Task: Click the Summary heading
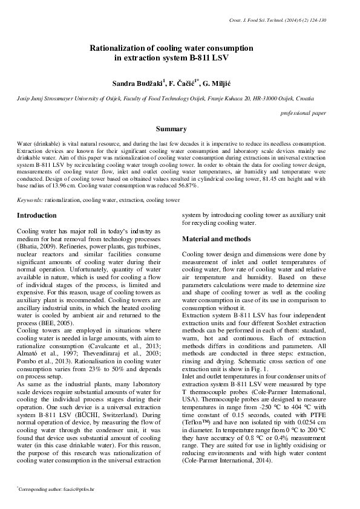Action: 171,129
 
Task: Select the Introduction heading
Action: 37,215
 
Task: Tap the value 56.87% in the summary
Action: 186,186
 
